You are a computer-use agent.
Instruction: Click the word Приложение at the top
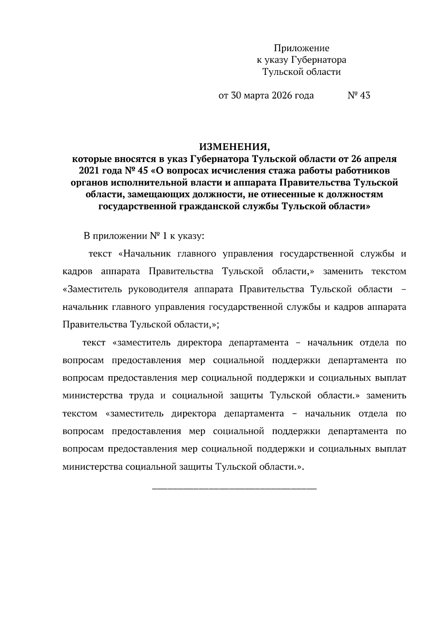(x=301, y=48)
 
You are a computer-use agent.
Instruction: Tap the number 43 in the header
(x=365, y=96)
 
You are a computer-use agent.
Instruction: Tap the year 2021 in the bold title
(x=88, y=171)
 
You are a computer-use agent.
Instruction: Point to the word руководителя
(x=158, y=290)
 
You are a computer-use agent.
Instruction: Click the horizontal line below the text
(x=234, y=488)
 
